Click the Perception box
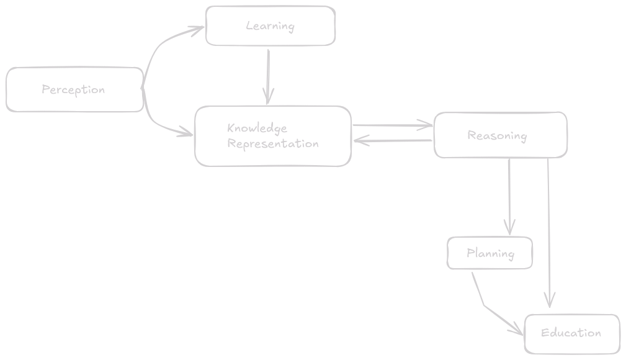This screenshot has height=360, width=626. pyautogui.click(x=74, y=90)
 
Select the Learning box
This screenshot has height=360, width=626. pyautogui.click(x=271, y=26)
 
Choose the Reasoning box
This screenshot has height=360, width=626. pyautogui.click(x=500, y=135)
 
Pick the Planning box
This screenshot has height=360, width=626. pyautogui.click(x=490, y=253)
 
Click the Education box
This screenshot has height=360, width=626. pyautogui.click(x=572, y=333)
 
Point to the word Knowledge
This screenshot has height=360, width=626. pyautogui.click(x=257, y=128)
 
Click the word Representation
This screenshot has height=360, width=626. pyautogui.click(x=273, y=144)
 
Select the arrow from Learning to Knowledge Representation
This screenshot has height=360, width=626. pyautogui.click(x=268, y=74)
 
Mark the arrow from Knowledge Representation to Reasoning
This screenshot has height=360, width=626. pyautogui.click(x=391, y=126)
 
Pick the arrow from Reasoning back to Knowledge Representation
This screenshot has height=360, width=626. pyautogui.click(x=394, y=141)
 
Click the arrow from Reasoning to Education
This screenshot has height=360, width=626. pyautogui.click(x=549, y=230)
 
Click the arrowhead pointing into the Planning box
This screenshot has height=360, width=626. pyautogui.click(x=509, y=228)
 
